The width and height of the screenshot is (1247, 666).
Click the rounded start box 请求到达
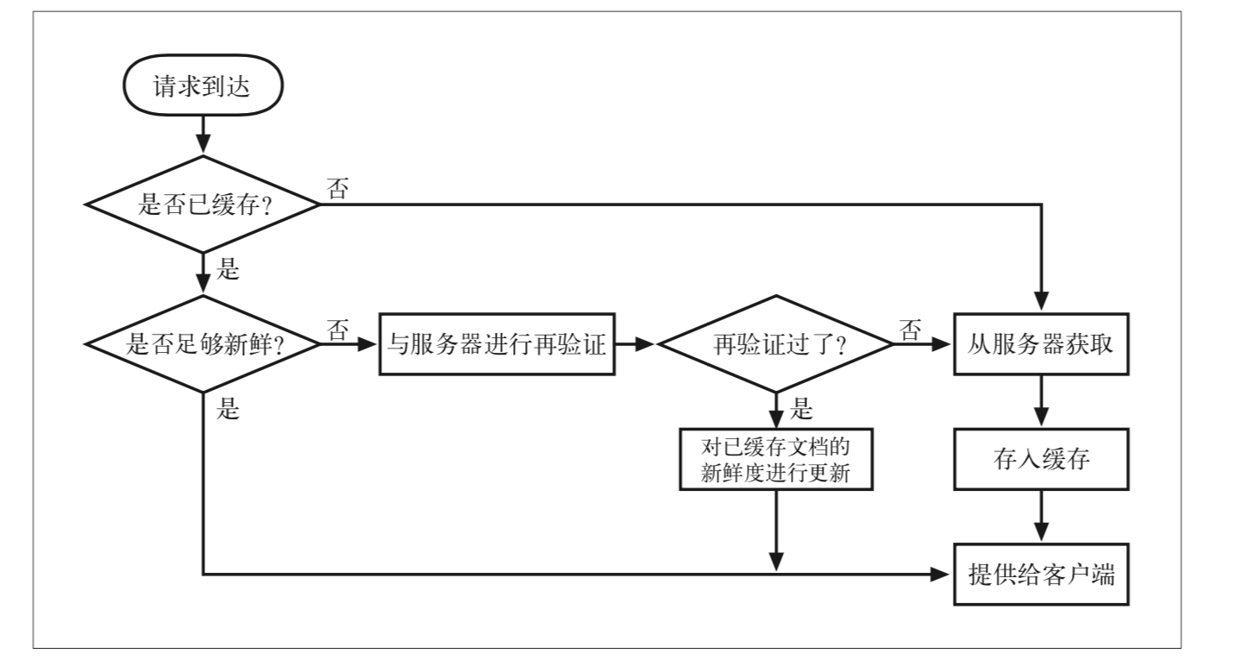(204, 85)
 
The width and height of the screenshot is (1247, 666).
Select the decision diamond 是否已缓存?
(204, 204)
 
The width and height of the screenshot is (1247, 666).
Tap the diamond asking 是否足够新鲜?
(204, 344)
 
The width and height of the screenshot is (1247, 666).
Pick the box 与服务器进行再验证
(497, 344)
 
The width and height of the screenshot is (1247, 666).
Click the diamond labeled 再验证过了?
(776, 344)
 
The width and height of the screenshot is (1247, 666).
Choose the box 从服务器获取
(1041, 344)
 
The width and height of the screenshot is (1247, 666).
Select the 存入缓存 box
(1041, 460)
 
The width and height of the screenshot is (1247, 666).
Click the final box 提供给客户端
(1041, 574)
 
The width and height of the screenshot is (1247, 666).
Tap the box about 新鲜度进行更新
(776, 460)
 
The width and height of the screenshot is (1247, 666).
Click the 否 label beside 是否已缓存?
(338, 188)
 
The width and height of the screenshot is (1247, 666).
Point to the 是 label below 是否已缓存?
(228, 269)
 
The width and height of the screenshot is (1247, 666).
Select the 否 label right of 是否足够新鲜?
(338, 330)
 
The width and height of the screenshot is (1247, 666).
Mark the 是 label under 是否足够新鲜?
(228, 409)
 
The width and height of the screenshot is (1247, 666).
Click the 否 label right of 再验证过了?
(910, 330)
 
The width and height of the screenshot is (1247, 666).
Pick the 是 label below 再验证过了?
(801, 409)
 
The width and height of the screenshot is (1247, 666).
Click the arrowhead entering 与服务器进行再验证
(367, 344)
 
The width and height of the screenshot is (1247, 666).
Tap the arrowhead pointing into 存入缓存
(1041, 418)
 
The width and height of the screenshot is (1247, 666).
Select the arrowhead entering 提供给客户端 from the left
(941, 574)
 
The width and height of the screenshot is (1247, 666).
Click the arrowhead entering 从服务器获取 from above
(1041, 301)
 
